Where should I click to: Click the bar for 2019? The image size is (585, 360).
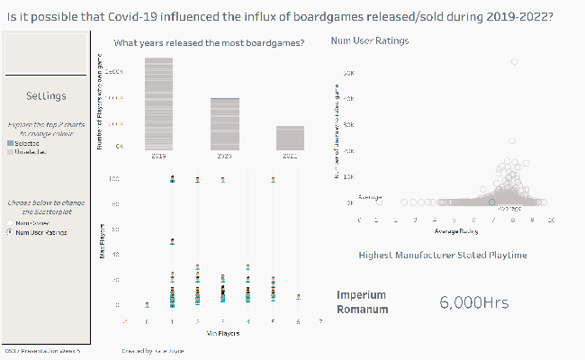coord(158,103)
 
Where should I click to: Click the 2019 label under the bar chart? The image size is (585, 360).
coord(158,156)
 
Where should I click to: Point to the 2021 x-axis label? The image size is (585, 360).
coord(289,156)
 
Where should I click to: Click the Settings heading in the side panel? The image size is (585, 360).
coord(46,96)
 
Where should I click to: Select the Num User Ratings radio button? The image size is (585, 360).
coord(10,232)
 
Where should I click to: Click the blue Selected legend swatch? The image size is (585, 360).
coord(10,143)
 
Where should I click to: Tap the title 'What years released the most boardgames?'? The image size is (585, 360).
coord(209,43)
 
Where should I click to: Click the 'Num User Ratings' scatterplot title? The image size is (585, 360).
coord(369,41)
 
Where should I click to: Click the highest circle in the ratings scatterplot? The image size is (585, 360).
coord(514,61)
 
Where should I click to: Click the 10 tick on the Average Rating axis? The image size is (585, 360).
coord(549,220)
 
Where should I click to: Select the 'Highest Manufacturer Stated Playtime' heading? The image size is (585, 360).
coord(442,256)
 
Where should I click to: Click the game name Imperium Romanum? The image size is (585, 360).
coord(362,302)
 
